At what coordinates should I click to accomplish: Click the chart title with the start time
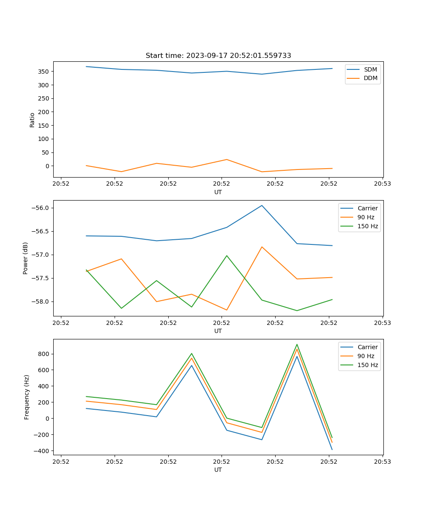(218, 56)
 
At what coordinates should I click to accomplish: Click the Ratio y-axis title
(32, 119)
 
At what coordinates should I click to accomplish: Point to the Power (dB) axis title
(26, 258)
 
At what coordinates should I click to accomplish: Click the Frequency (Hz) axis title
(27, 397)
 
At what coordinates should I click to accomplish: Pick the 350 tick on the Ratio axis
(44, 72)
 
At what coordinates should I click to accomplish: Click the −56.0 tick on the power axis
(41, 208)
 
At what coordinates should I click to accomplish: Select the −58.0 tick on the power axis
(41, 301)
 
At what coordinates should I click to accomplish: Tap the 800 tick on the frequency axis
(44, 354)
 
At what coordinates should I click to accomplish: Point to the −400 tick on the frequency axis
(42, 451)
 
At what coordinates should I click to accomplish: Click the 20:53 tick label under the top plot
(382, 184)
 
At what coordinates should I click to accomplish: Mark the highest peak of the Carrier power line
(262, 205)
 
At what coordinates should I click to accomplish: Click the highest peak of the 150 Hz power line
(227, 255)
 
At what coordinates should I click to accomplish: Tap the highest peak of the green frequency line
(297, 344)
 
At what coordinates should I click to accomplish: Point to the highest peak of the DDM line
(227, 160)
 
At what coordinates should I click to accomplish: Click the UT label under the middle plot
(218, 331)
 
